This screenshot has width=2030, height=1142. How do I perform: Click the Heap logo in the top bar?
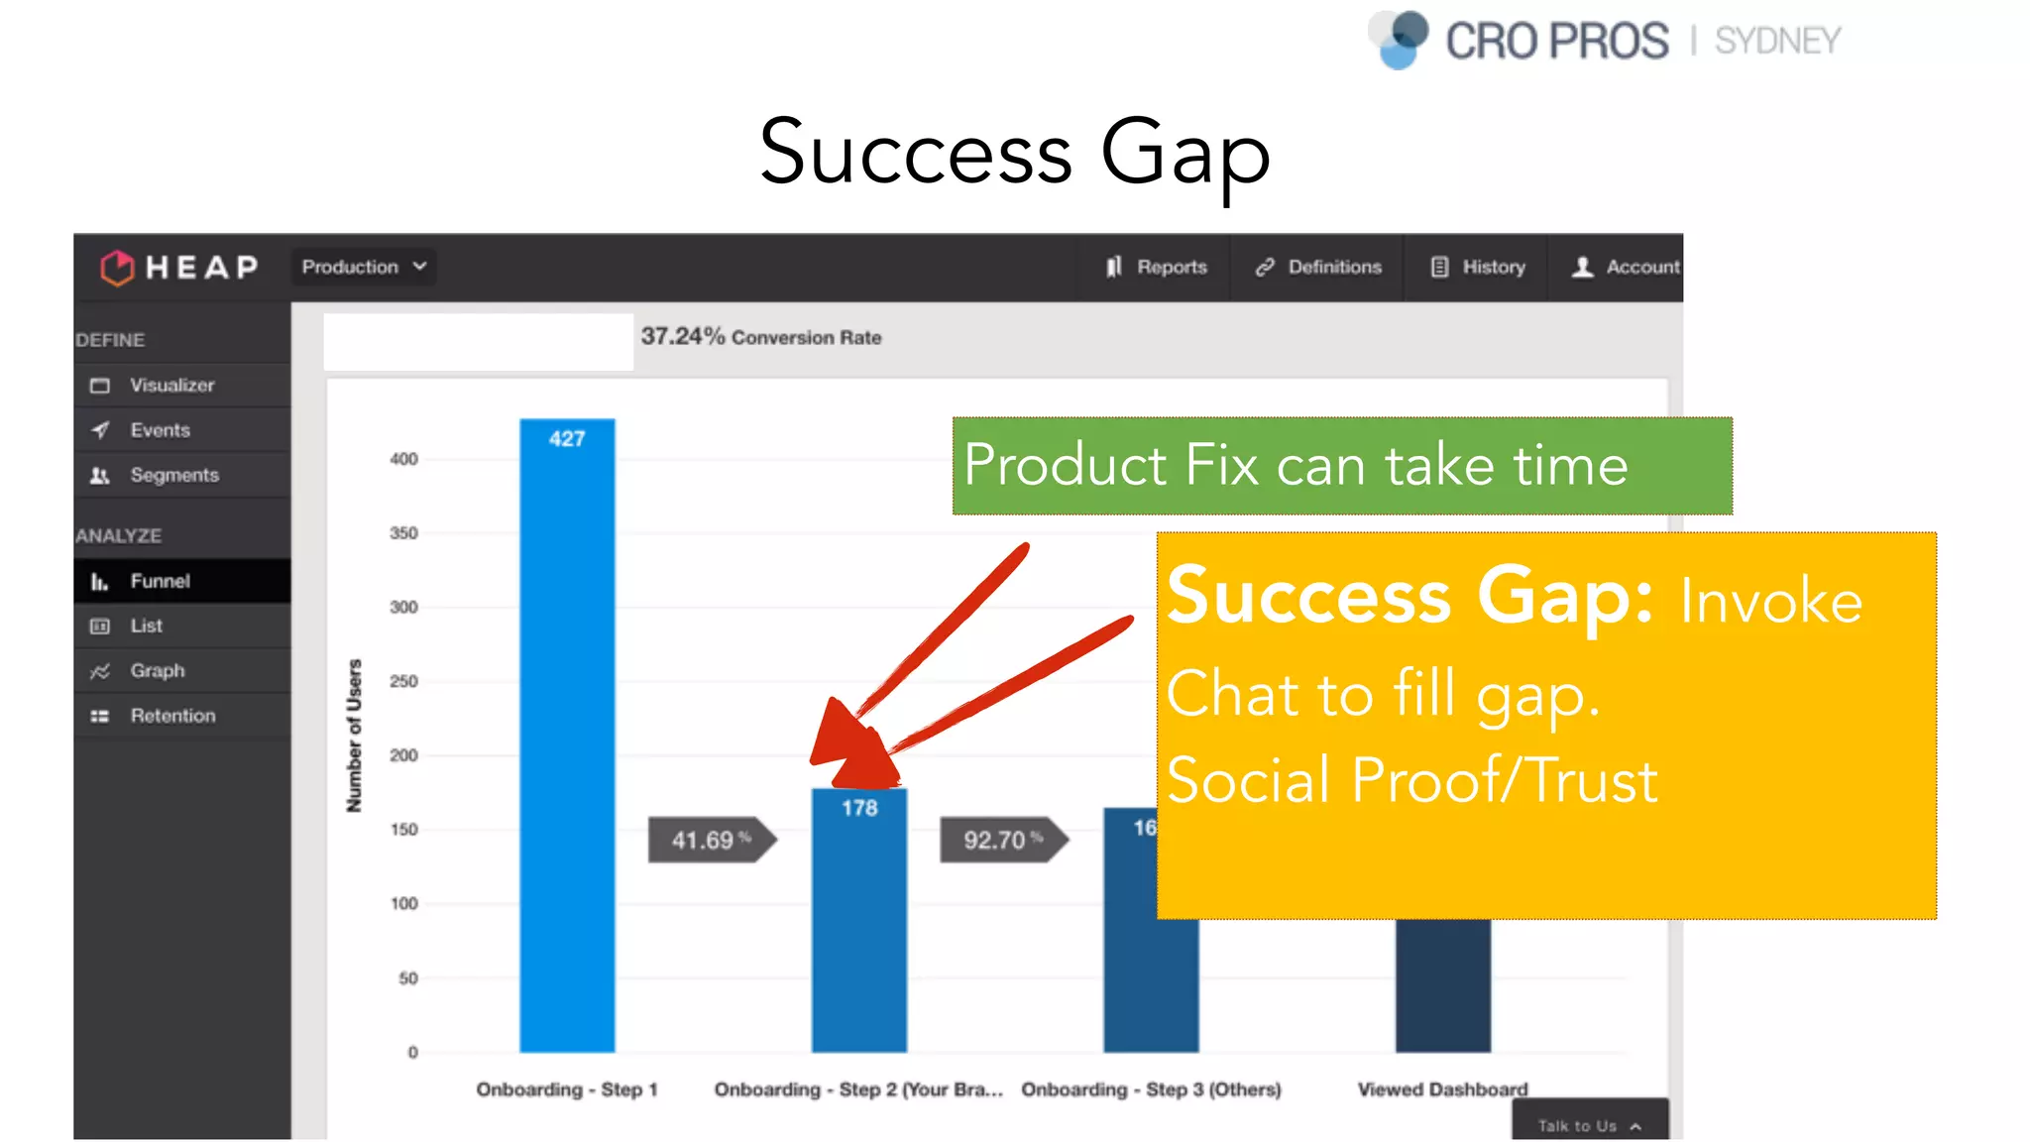(179, 267)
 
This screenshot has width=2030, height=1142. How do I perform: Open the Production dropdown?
(364, 267)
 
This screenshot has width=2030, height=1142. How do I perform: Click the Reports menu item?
(1157, 267)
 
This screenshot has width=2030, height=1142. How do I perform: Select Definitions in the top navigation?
(1318, 267)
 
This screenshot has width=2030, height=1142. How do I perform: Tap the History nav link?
(1478, 267)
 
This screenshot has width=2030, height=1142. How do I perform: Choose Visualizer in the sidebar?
(170, 385)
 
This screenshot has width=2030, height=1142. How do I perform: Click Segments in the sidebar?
(173, 475)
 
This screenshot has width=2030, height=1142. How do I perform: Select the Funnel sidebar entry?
(159, 581)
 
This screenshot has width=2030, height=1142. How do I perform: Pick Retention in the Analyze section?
(171, 715)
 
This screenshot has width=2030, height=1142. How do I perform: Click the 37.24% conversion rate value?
(682, 337)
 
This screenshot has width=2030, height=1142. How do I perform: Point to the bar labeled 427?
(567, 734)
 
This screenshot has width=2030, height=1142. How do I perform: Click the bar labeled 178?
(858, 922)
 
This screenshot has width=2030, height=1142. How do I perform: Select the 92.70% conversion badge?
(1002, 840)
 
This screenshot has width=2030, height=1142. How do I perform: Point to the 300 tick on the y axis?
(403, 607)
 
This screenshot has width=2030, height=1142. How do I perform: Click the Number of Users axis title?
(354, 736)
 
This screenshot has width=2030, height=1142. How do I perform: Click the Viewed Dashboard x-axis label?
(1442, 1088)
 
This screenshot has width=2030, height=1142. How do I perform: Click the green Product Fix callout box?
(1341, 465)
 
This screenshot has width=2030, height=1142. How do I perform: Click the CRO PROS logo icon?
(1400, 40)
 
